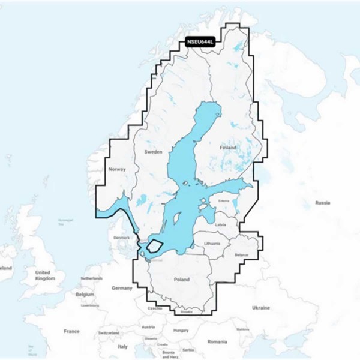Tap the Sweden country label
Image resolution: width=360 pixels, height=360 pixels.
[x=154, y=152]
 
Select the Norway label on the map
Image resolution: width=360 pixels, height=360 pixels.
[x=116, y=170]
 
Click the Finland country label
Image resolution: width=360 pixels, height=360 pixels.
[x=228, y=147]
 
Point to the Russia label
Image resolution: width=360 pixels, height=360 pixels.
[x=323, y=202]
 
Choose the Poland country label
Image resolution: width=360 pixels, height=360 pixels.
[x=181, y=280]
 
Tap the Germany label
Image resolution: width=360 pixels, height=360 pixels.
[x=122, y=288]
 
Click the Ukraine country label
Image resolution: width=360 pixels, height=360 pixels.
[x=261, y=308]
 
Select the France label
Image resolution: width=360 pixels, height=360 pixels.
[x=72, y=331]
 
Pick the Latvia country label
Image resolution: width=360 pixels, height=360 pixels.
[x=220, y=224]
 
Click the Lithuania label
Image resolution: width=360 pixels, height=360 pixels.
[x=212, y=243]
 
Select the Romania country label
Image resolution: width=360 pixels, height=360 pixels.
[x=217, y=341]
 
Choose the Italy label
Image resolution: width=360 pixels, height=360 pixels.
[x=122, y=346]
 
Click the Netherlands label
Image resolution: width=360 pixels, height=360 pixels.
[x=92, y=279]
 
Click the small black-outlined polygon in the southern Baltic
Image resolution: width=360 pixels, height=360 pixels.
[x=155, y=245]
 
